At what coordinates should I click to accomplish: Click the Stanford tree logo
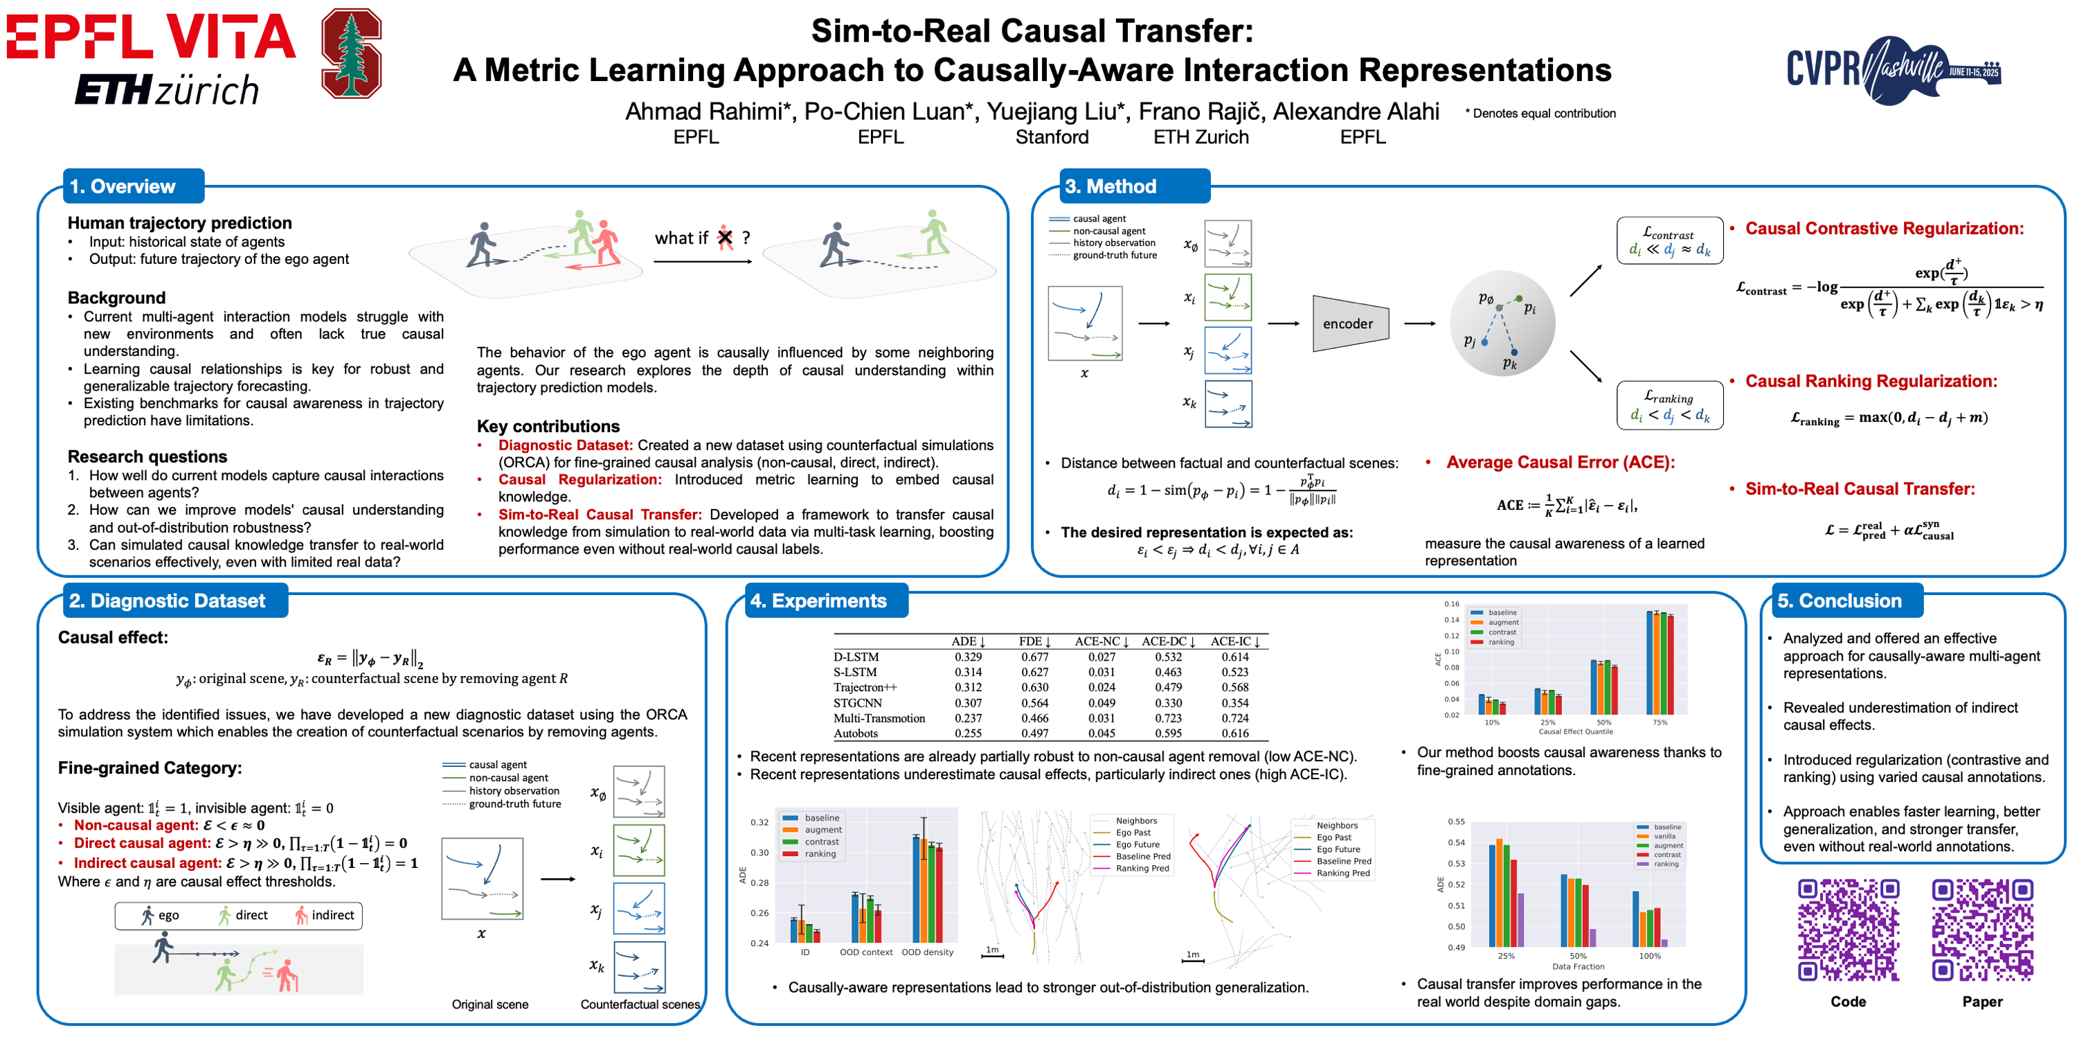[x=351, y=53]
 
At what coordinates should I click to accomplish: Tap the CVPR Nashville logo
[x=1892, y=69]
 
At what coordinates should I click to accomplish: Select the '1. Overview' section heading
[x=122, y=186]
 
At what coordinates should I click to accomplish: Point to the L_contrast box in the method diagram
[x=1669, y=240]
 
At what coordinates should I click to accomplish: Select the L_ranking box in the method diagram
[x=1669, y=405]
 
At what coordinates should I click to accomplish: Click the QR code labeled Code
[x=1848, y=930]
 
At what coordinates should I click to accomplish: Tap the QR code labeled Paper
[x=1982, y=930]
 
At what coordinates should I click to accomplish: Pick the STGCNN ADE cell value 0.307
[x=968, y=702]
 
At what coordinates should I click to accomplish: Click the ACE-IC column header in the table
[x=1234, y=641]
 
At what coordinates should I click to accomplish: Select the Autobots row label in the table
[x=856, y=734]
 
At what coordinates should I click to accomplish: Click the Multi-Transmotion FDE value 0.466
[x=1034, y=718]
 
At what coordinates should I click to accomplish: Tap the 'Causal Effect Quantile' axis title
[x=1576, y=731]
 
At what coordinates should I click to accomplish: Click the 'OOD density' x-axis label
[x=927, y=952]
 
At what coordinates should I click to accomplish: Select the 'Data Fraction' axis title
[x=1578, y=966]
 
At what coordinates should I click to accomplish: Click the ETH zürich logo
[x=167, y=89]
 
